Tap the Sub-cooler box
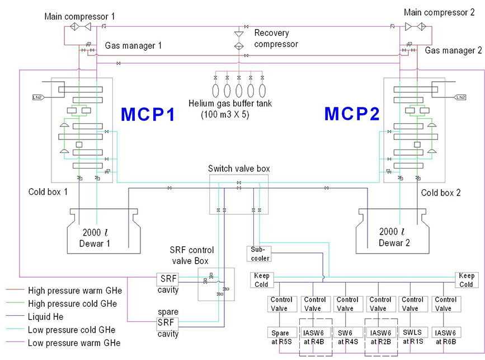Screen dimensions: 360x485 (x=258, y=254)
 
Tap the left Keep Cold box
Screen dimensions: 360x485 (x=262, y=280)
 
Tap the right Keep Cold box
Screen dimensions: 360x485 (x=467, y=280)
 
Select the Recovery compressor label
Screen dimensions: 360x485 (x=276, y=39)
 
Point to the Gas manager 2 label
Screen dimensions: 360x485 (x=453, y=50)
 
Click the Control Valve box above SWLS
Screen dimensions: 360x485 (x=413, y=304)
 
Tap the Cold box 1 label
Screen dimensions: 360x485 (x=49, y=192)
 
